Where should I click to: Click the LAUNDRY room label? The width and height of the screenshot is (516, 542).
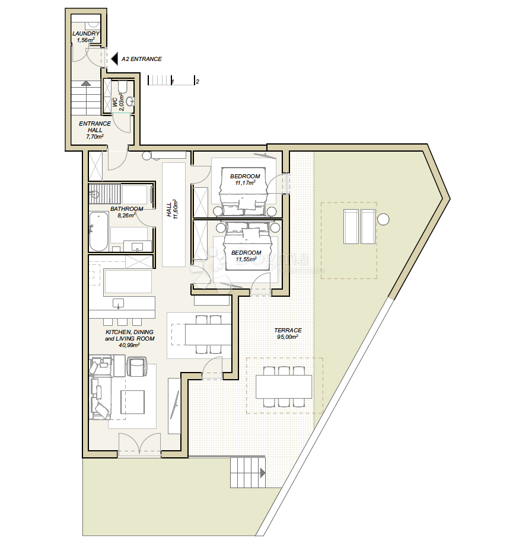pos(86,34)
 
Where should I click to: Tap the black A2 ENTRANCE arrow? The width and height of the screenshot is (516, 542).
pos(114,59)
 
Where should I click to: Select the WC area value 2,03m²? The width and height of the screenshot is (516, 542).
pos(122,102)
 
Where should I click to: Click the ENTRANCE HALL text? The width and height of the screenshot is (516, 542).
pos(95,127)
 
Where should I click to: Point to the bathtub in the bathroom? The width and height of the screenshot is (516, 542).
pos(98,231)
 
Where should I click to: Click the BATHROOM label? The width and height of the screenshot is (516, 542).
pos(127,209)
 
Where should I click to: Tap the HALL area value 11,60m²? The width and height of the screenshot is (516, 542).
pos(176,209)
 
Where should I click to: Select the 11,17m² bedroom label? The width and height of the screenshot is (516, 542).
pos(246,182)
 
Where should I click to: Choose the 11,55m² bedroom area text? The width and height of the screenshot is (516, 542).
pos(246,259)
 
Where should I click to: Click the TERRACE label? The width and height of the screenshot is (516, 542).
pos(288,330)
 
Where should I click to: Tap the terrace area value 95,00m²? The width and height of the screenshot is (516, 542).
pos(288,336)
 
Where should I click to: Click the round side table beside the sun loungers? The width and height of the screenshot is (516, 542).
pos(383,219)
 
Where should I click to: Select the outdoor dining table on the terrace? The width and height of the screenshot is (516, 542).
pos(284,386)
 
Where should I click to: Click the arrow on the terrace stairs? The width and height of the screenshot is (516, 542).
pos(263,473)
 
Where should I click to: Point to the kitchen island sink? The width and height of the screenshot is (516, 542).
pos(119,303)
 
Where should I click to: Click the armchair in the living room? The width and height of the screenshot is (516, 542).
pos(138,367)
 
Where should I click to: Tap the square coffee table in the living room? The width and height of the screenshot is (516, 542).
pos(132,402)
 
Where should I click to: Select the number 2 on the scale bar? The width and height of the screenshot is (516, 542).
pos(198,82)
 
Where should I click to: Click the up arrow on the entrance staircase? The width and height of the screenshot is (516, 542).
pos(86,83)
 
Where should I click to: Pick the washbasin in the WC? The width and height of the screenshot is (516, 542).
pos(130,101)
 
